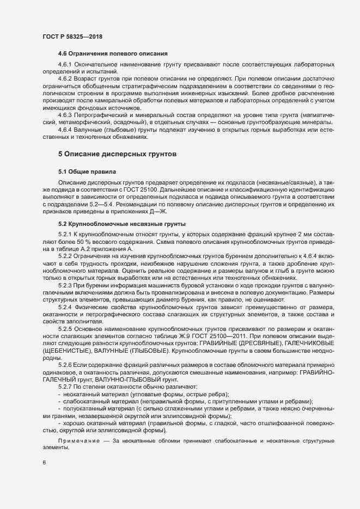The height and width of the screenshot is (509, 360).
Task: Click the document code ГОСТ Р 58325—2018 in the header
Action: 72,36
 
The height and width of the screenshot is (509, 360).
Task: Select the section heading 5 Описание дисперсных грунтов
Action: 117,154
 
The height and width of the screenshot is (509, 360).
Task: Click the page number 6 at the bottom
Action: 44,463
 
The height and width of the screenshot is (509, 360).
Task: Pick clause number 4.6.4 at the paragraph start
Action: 66,130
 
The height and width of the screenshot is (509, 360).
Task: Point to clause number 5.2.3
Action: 66,285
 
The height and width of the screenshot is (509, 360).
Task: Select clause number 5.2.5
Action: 66,328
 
